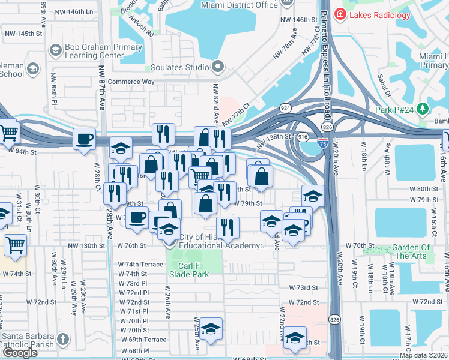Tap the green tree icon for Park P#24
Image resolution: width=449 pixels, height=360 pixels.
424,109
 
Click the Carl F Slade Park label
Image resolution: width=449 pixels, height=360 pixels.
194,269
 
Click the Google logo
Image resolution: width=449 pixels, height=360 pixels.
20,353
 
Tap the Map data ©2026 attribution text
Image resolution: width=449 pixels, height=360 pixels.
423,355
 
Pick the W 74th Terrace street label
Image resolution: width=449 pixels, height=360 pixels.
140,264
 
